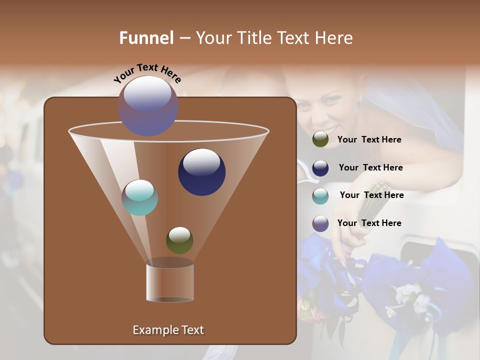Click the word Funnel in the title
pyautogui.click(x=146, y=38)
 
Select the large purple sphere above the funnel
pyautogui.click(x=148, y=105)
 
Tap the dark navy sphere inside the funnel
pyautogui.click(x=201, y=171)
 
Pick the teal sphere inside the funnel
pyautogui.click(x=140, y=197)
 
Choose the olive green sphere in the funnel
pyautogui.click(x=179, y=240)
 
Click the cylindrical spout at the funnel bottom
pyautogui.click(x=170, y=282)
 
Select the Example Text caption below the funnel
pyautogui.click(x=168, y=330)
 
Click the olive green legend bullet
pyautogui.click(x=320, y=139)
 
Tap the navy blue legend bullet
pyautogui.click(x=320, y=168)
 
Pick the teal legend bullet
pyautogui.click(x=320, y=196)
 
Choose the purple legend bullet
pyautogui.click(x=320, y=223)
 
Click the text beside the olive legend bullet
pyautogui.click(x=369, y=140)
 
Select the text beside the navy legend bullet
pyautogui.click(x=370, y=168)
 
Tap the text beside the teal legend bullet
pyautogui.click(x=371, y=195)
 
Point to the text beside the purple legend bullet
pyautogui.click(x=369, y=223)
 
